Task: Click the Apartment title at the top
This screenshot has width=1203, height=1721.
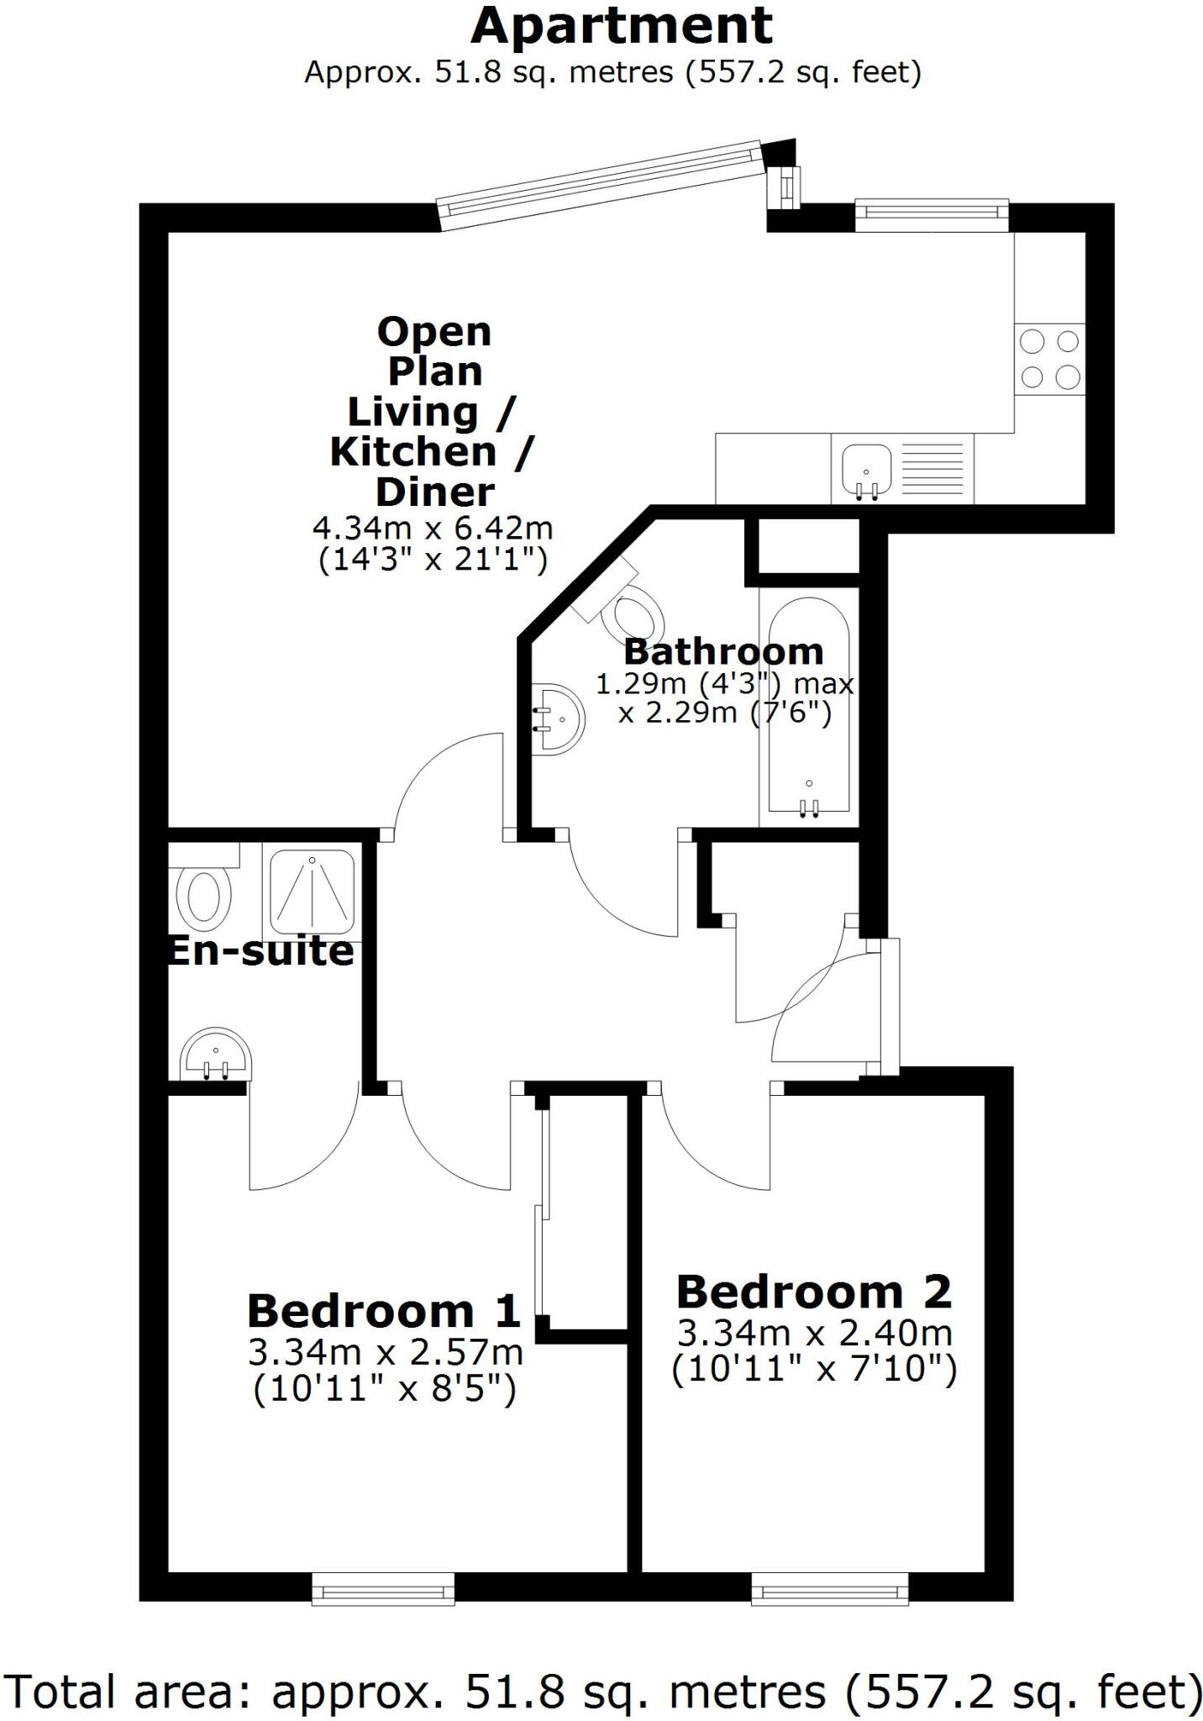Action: [621, 27]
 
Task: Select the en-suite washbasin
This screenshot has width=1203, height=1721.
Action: [216, 1054]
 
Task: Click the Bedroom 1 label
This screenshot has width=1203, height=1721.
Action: [384, 1310]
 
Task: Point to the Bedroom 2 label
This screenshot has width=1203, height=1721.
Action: [814, 1292]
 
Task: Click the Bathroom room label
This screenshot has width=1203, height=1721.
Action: [723, 651]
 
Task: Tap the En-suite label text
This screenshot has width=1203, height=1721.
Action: [261, 951]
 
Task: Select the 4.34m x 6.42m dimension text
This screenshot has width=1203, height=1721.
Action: [433, 529]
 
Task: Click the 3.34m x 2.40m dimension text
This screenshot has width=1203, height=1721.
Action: [814, 1333]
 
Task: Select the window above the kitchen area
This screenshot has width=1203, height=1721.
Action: [931, 214]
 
